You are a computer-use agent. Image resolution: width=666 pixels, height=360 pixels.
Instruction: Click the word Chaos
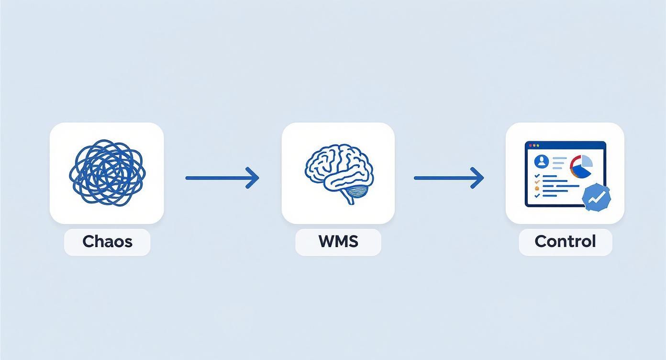107,241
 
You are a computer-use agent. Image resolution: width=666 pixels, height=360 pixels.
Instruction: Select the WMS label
338,241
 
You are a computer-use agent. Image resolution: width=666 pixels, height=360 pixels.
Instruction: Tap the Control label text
565,241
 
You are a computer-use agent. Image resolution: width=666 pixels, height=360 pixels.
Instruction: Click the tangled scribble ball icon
106,172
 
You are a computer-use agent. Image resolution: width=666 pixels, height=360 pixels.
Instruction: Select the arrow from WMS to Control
448,178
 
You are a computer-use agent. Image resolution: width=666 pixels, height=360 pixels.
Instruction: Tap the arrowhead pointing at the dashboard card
478,178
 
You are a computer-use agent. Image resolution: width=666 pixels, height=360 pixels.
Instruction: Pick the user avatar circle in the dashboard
542,161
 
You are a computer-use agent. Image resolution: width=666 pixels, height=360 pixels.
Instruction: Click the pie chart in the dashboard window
581,167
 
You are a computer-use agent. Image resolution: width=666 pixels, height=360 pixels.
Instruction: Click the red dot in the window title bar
530,145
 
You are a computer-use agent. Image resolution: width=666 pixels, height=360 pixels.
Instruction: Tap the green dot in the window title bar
538,145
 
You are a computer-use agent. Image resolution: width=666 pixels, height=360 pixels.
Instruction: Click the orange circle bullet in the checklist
537,189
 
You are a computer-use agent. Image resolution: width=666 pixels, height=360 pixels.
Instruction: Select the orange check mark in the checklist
537,181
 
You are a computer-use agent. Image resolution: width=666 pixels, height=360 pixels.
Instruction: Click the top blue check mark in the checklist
537,176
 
